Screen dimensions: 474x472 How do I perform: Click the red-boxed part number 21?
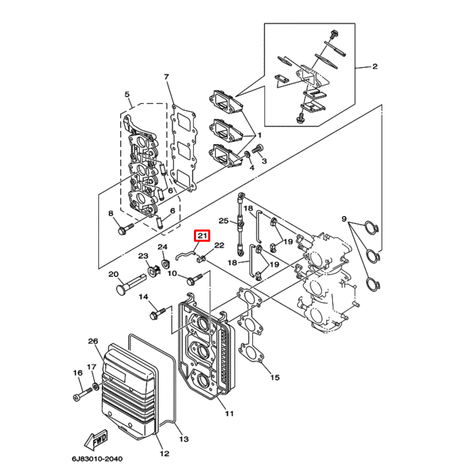pos(201,236)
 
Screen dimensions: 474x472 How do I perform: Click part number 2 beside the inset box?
pos(374,67)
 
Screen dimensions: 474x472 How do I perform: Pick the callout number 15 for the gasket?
pos(274,377)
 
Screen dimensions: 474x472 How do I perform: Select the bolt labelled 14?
pos(157,314)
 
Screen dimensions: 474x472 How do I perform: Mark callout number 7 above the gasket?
pos(166,77)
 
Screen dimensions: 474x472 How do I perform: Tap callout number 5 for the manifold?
pos(126,94)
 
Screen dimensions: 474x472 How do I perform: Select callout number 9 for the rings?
pos(345,219)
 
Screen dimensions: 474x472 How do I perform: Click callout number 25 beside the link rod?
pos(222,221)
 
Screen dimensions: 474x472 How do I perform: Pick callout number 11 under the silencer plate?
pos(229,413)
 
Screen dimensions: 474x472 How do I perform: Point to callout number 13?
pos(183,439)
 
